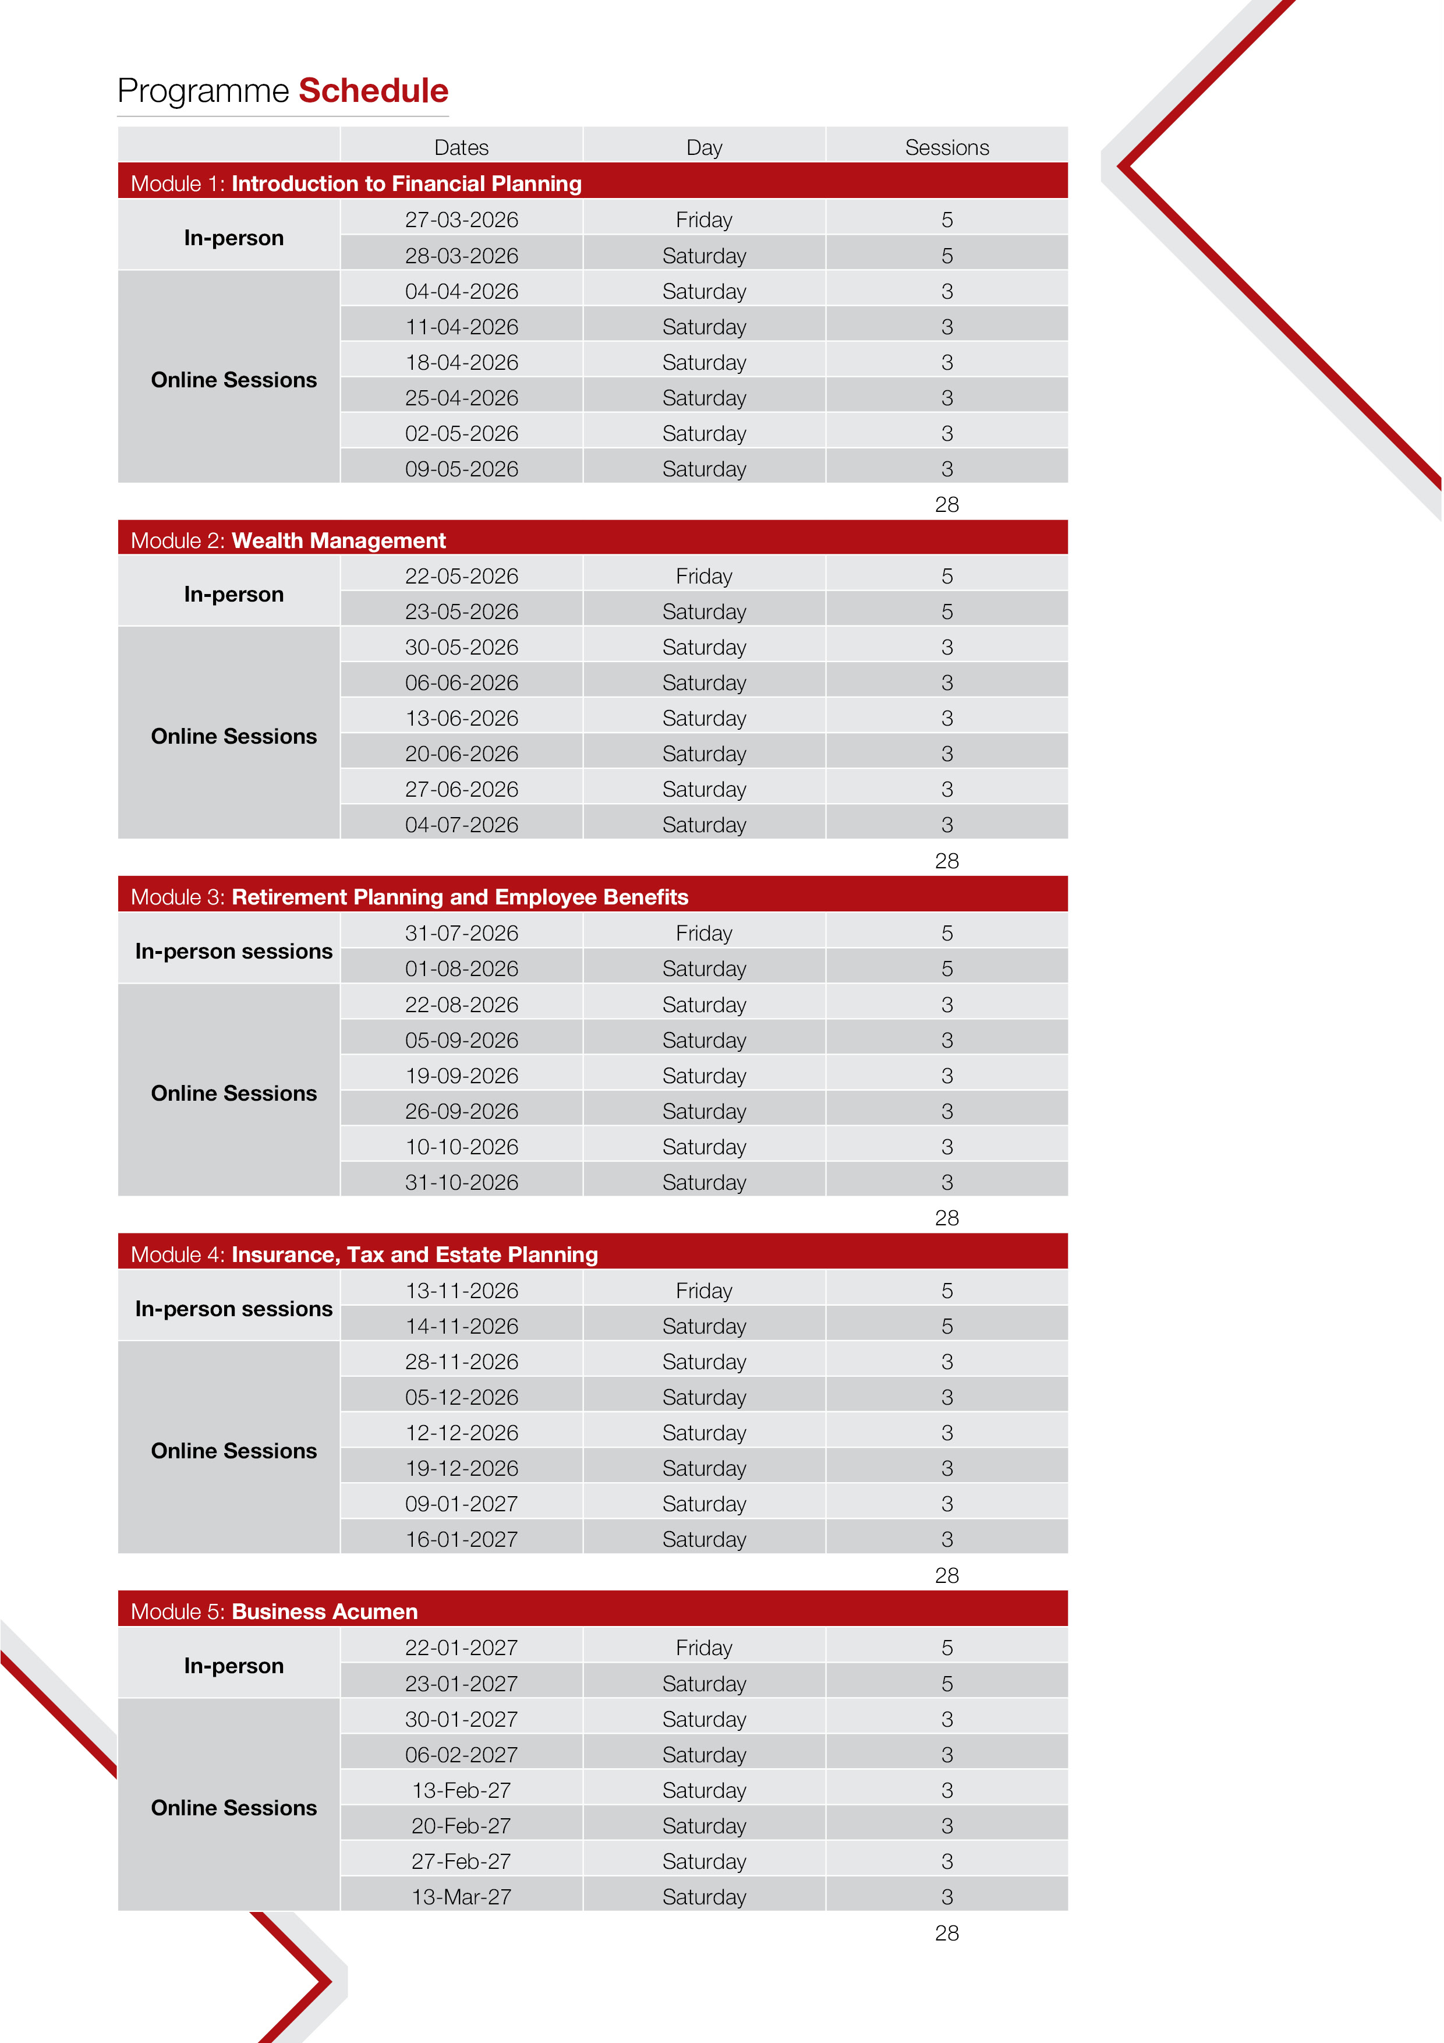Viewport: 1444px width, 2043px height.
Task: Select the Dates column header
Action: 461,148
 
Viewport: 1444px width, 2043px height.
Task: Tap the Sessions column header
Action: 947,148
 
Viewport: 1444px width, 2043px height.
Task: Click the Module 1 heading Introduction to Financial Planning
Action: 406,183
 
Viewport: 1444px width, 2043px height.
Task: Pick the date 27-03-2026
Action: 461,220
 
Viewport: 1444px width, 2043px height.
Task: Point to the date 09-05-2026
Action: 461,469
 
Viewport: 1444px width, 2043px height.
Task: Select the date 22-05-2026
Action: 461,577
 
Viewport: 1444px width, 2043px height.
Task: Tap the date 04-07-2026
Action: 461,825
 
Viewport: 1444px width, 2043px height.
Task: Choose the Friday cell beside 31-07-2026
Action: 704,934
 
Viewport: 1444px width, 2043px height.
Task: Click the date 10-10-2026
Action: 461,1147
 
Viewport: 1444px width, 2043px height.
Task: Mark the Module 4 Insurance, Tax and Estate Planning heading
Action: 414,1254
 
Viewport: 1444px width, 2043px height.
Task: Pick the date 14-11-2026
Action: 461,1326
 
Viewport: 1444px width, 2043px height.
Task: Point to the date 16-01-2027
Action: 461,1539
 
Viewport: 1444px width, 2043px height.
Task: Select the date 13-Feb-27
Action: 461,1790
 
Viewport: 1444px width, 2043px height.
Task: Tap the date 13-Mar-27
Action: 461,1897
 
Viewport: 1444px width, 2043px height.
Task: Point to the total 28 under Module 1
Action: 947,504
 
